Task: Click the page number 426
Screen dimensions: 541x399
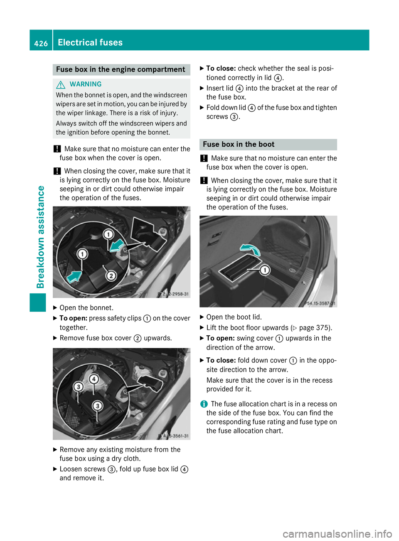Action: point(41,43)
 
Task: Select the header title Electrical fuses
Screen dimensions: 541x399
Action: point(90,42)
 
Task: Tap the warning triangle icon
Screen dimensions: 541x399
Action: point(61,85)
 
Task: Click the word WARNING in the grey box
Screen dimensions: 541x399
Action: point(86,84)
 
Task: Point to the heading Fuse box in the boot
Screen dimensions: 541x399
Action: point(239,145)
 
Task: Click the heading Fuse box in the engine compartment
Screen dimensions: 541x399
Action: point(121,69)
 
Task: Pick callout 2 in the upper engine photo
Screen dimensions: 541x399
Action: point(111,275)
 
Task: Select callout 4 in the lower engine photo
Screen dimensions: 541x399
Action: point(94,379)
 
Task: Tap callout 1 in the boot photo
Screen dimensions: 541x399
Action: point(265,270)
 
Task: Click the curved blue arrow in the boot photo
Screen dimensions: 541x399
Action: point(251,249)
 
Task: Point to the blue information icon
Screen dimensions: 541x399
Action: point(204,404)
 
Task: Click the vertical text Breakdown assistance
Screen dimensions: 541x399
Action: point(41,237)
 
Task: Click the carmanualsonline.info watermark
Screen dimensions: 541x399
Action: point(337,534)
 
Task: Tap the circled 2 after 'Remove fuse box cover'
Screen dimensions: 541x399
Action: point(138,339)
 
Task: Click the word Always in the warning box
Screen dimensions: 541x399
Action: point(66,123)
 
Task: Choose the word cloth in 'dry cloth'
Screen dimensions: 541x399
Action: point(132,459)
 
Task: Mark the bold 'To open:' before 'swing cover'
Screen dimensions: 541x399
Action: point(220,338)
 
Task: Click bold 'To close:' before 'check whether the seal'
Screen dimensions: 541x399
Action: point(221,69)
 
